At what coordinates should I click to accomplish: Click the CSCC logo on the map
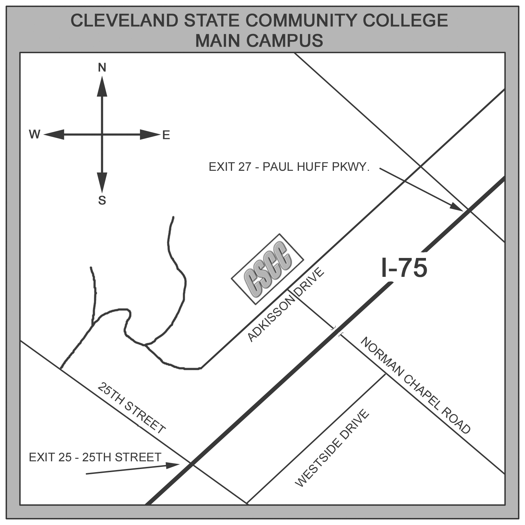[267, 268]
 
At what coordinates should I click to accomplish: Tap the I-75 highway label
[404, 268]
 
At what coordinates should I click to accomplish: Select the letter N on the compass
[102, 68]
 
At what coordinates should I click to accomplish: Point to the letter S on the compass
[102, 201]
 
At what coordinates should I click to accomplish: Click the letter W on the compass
[35, 134]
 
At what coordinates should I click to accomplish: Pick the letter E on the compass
[166, 135]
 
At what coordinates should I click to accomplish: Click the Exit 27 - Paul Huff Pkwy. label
[289, 167]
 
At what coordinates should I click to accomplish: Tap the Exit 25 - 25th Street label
[95, 457]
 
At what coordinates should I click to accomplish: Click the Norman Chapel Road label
[415, 385]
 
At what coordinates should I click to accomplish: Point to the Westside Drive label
[332, 448]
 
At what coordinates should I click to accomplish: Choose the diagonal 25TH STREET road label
[131, 408]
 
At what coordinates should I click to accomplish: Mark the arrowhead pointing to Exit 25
[173, 465]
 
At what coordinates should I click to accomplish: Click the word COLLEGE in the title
[405, 20]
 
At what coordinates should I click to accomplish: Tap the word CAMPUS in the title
[285, 41]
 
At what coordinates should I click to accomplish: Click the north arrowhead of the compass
[102, 86]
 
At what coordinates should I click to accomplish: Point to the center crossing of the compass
[102, 134]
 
